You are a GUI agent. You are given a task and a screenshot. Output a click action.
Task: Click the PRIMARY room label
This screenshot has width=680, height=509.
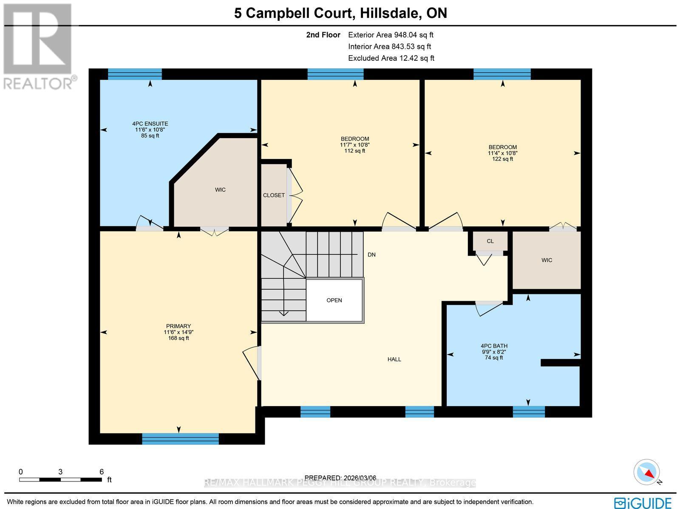tap(178, 326)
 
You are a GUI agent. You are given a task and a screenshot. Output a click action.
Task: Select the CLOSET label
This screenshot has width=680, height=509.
tap(274, 195)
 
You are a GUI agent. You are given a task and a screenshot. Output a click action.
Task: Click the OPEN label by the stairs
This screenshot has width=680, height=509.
tap(334, 300)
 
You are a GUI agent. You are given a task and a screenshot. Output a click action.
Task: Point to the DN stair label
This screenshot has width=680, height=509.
tap(371, 255)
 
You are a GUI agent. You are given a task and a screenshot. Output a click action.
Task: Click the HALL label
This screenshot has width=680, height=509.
tap(394, 359)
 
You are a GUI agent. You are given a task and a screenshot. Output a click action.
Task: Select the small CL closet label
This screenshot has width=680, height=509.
tap(490, 241)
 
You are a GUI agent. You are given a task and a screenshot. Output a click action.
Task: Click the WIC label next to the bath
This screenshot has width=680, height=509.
tap(547, 260)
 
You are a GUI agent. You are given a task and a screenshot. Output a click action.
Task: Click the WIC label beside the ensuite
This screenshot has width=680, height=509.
tap(220, 190)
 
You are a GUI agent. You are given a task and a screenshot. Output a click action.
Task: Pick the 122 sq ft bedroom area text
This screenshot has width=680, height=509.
tap(502, 159)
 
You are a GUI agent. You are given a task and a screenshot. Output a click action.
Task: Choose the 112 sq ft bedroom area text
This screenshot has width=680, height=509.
tap(354, 151)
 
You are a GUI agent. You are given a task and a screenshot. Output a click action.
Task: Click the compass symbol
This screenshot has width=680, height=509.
tap(647, 472)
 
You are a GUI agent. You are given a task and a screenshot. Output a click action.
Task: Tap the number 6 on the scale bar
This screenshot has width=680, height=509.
tap(102, 472)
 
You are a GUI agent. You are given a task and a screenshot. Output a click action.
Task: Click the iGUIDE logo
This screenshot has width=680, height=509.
tap(643, 502)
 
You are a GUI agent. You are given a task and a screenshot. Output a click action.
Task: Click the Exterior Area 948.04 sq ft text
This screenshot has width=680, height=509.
tap(391, 35)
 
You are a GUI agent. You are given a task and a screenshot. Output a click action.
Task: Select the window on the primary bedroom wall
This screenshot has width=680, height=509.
tap(180, 439)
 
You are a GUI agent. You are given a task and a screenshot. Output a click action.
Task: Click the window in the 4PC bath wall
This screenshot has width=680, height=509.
tap(528, 411)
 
